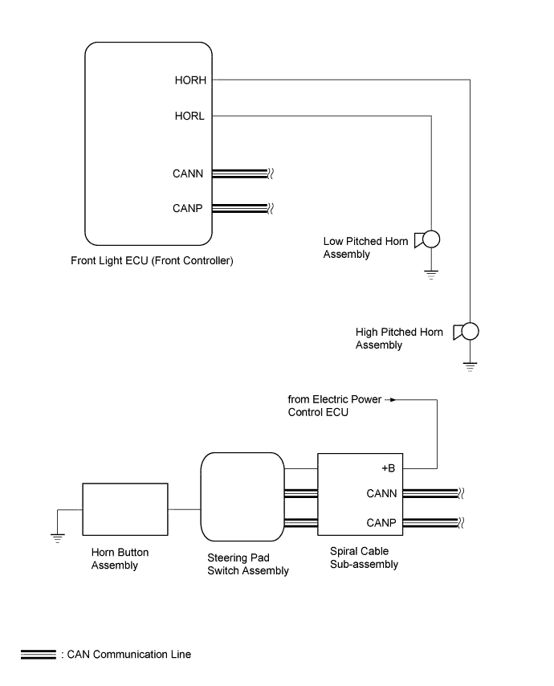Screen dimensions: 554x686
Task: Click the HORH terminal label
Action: [190, 80]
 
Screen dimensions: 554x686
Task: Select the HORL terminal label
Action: [189, 116]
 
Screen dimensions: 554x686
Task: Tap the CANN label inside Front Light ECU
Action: [188, 174]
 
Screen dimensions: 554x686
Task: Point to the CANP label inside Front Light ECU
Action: [188, 208]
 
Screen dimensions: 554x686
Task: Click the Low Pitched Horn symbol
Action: [427, 239]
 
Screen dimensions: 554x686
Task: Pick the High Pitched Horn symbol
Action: [466, 332]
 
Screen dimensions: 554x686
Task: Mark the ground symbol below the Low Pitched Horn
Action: [431, 275]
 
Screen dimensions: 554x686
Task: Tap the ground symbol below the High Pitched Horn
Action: [470, 366]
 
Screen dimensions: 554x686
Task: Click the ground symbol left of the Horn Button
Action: [57, 538]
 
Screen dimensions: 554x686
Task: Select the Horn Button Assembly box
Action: [125, 509]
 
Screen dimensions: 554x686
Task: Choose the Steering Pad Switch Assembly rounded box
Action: [242, 497]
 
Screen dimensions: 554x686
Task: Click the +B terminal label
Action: [389, 468]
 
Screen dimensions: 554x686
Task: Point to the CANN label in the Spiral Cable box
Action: [381, 493]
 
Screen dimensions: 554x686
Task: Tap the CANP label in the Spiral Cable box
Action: [381, 523]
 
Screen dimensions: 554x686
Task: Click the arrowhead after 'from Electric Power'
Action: [393, 399]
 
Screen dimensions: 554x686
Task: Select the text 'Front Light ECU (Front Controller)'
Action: [153, 261]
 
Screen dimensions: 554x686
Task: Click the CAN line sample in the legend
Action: [39, 655]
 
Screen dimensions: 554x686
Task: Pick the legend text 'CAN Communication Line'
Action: [129, 655]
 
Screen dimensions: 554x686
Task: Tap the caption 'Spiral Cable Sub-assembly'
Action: [364, 557]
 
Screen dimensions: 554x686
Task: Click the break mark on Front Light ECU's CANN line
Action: [271, 174]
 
